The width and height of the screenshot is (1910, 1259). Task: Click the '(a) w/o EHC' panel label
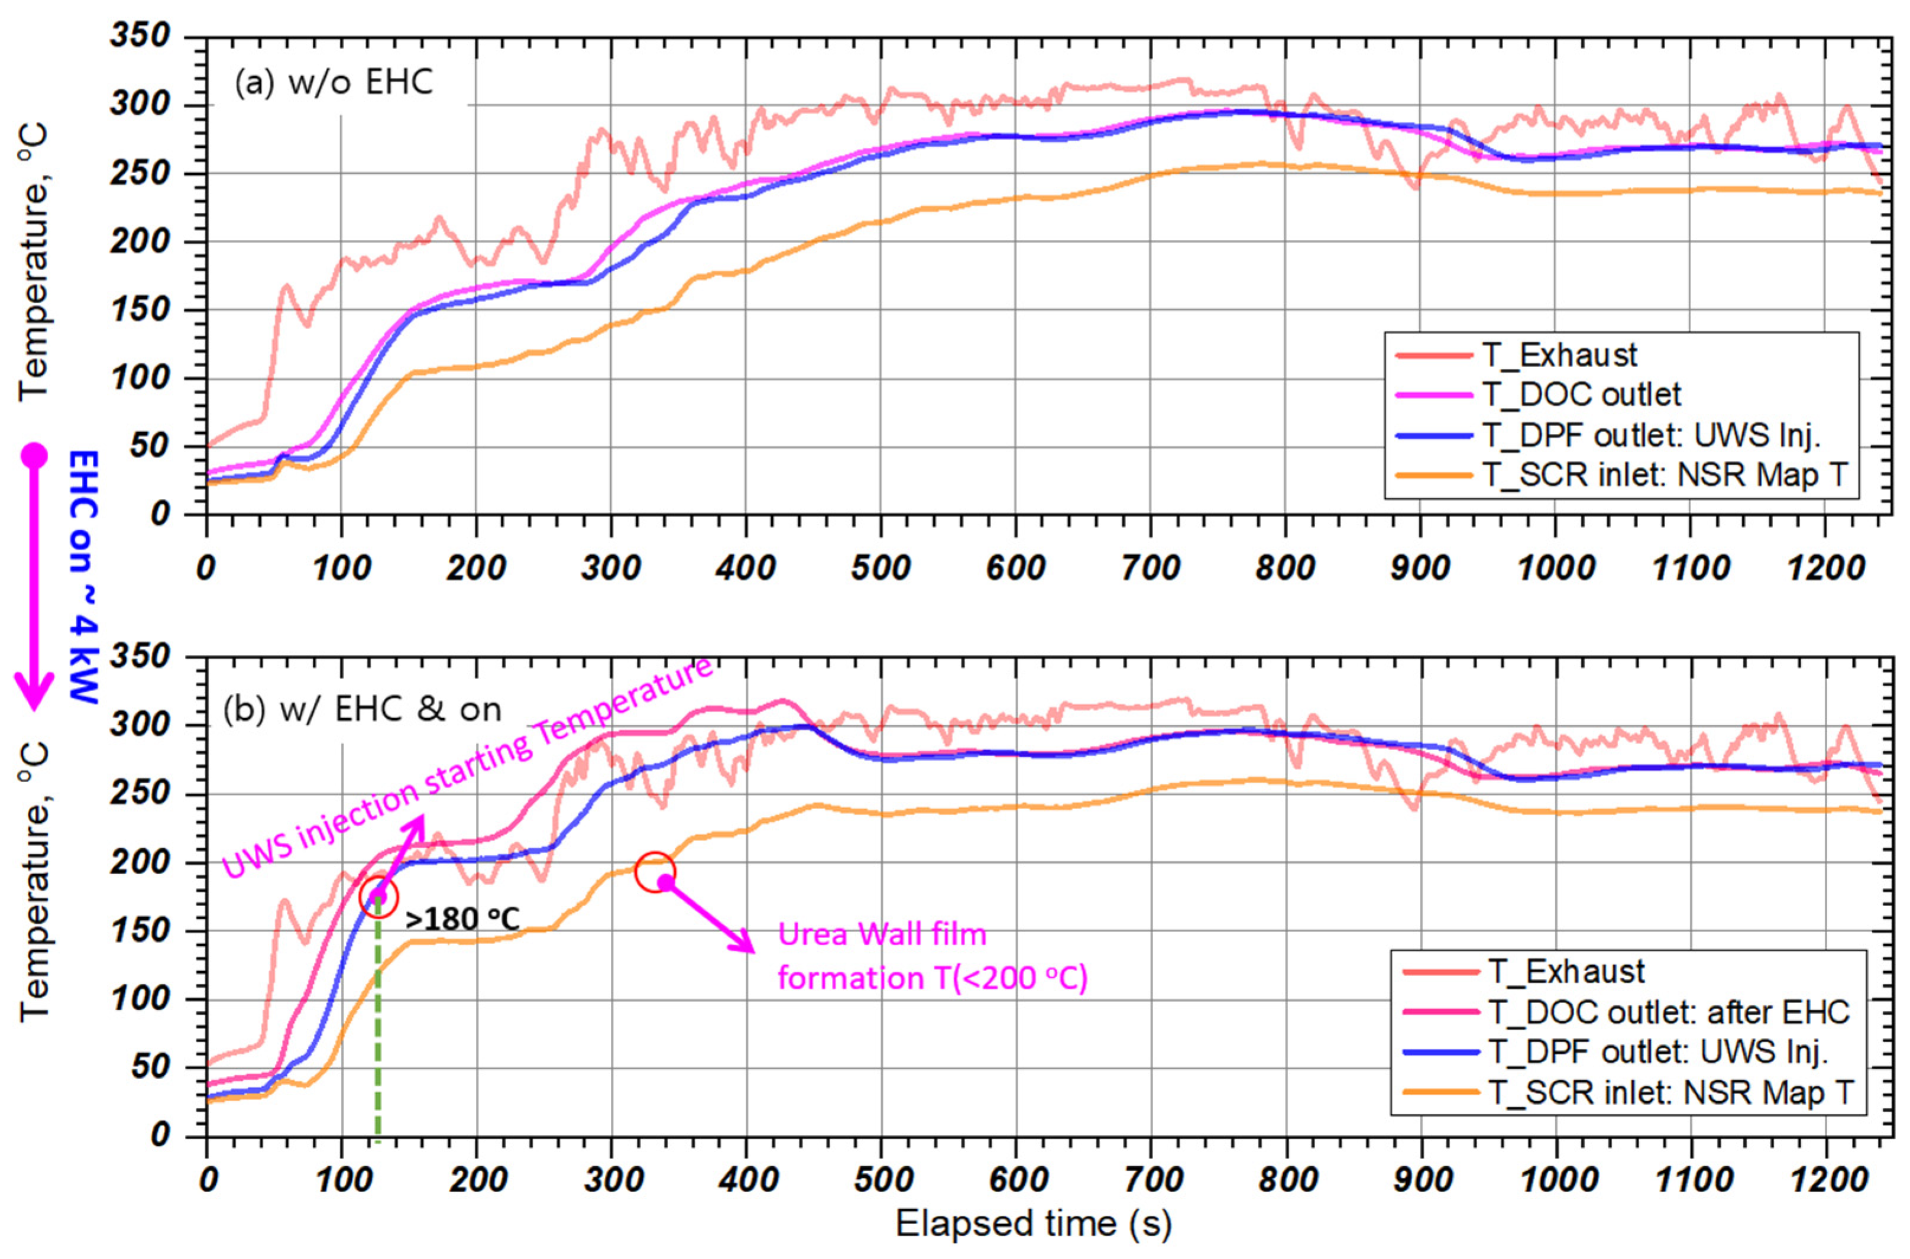pyautogui.click(x=334, y=83)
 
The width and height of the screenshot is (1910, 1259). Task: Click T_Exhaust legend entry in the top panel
pyautogui.click(x=1558, y=354)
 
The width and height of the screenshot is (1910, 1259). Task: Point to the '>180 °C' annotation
pyautogui.click(x=462, y=919)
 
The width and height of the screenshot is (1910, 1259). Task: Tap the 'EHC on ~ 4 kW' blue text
pyautogui.click(x=83, y=576)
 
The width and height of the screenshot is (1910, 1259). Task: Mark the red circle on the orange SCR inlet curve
pyautogui.click(x=655, y=873)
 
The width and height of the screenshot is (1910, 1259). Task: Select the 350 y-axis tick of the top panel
pyautogui.click(x=141, y=36)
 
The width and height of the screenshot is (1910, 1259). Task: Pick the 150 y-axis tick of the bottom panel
pyautogui.click(x=141, y=932)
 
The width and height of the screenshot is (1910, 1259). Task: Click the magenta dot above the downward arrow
pyautogui.click(x=34, y=455)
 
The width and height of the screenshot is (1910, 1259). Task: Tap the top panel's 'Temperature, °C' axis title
pyautogui.click(x=34, y=261)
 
